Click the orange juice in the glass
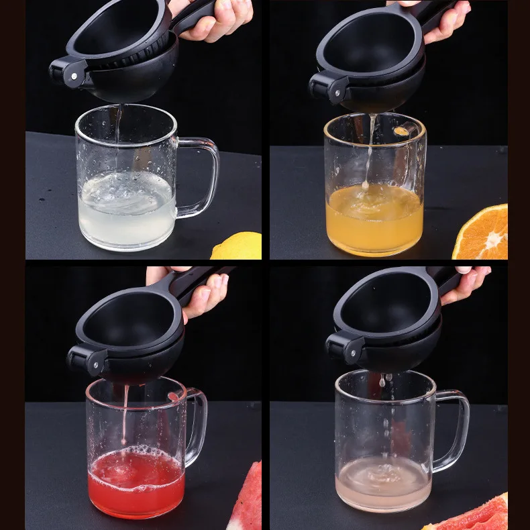point(374,218)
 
